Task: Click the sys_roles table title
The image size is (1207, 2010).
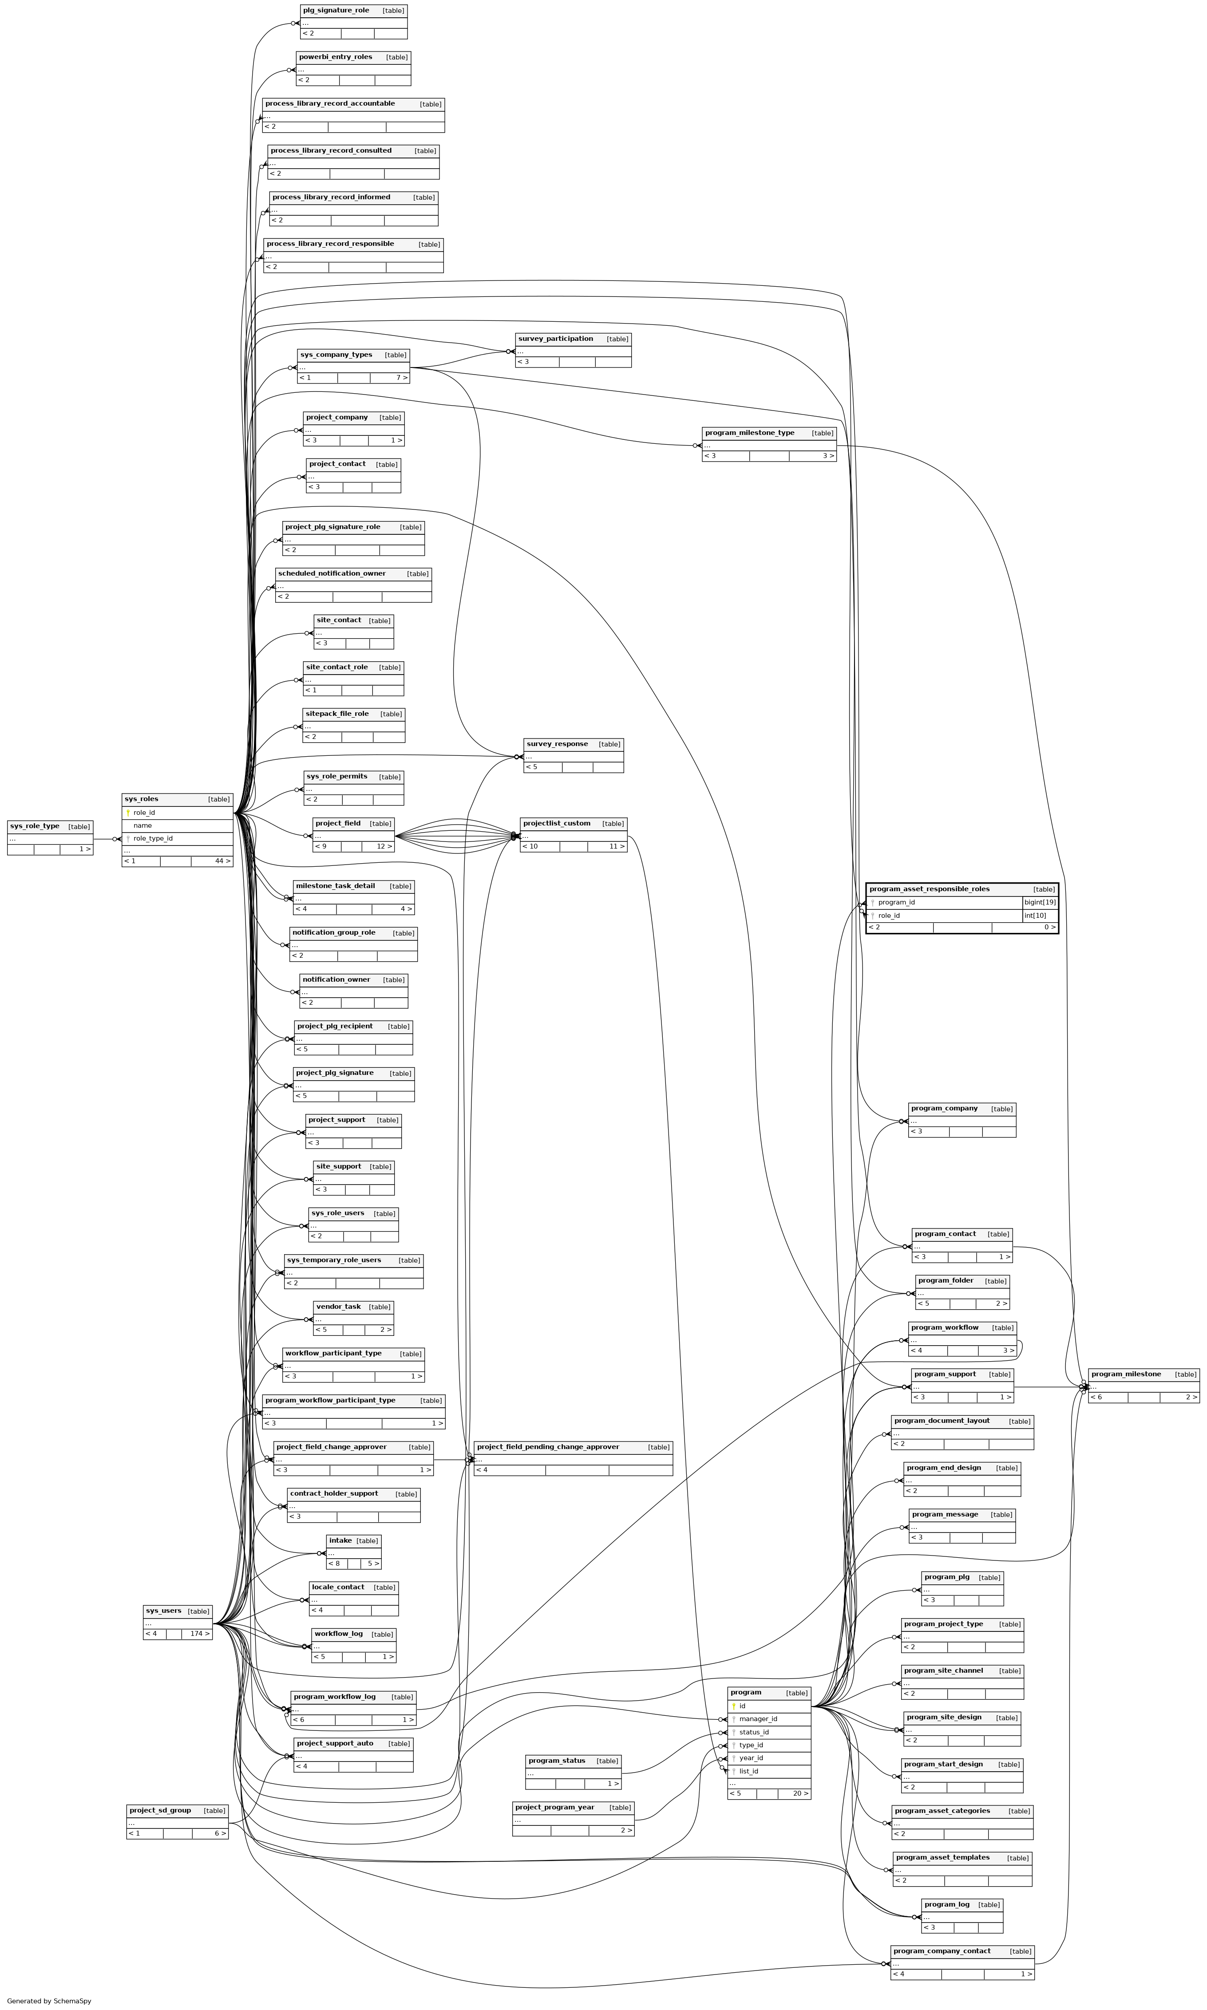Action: pyautogui.click(x=142, y=799)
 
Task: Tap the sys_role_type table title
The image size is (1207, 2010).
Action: pyautogui.click(x=35, y=826)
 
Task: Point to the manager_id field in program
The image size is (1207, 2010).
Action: pyautogui.click(x=758, y=1719)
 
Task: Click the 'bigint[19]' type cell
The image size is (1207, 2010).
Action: pyautogui.click(x=1040, y=903)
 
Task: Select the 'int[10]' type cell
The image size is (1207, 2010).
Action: pyautogui.click(x=1035, y=916)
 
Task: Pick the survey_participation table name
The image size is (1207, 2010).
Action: pyautogui.click(x=555, y=339)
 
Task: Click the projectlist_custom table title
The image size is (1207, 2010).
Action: pyautogui.click(x=556, y=824)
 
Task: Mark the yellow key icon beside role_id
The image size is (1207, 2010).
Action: pyautogui.click(x=128, y=812)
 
